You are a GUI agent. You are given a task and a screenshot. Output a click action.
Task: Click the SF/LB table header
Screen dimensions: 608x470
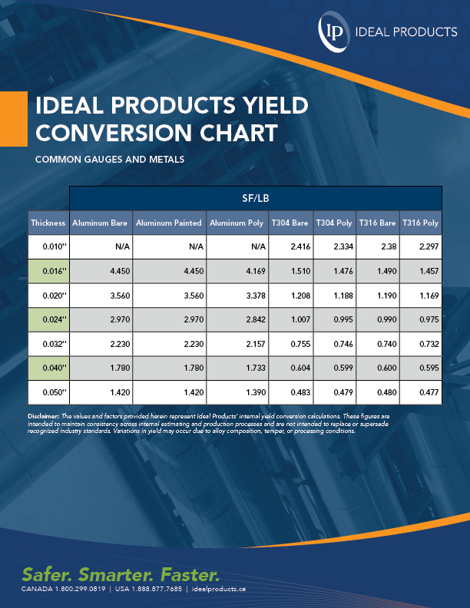click(256, 197)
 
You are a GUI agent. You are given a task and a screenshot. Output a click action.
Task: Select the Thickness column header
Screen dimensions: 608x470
click(48, 223)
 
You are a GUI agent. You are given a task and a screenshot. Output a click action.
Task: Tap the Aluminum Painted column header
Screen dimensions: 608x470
click(169, 223)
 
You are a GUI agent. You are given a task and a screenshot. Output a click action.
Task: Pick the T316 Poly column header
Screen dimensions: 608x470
click(420, 223)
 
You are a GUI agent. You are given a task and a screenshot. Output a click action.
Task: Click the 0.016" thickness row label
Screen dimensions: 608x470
click(48, 270)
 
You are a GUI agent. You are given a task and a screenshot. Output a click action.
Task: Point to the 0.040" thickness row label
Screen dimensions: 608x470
click(48, 368)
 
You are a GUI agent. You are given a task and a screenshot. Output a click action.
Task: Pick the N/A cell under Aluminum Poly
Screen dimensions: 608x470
click(257, 246)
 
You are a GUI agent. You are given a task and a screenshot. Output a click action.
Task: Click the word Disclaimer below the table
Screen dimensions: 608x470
click(42, 415)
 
